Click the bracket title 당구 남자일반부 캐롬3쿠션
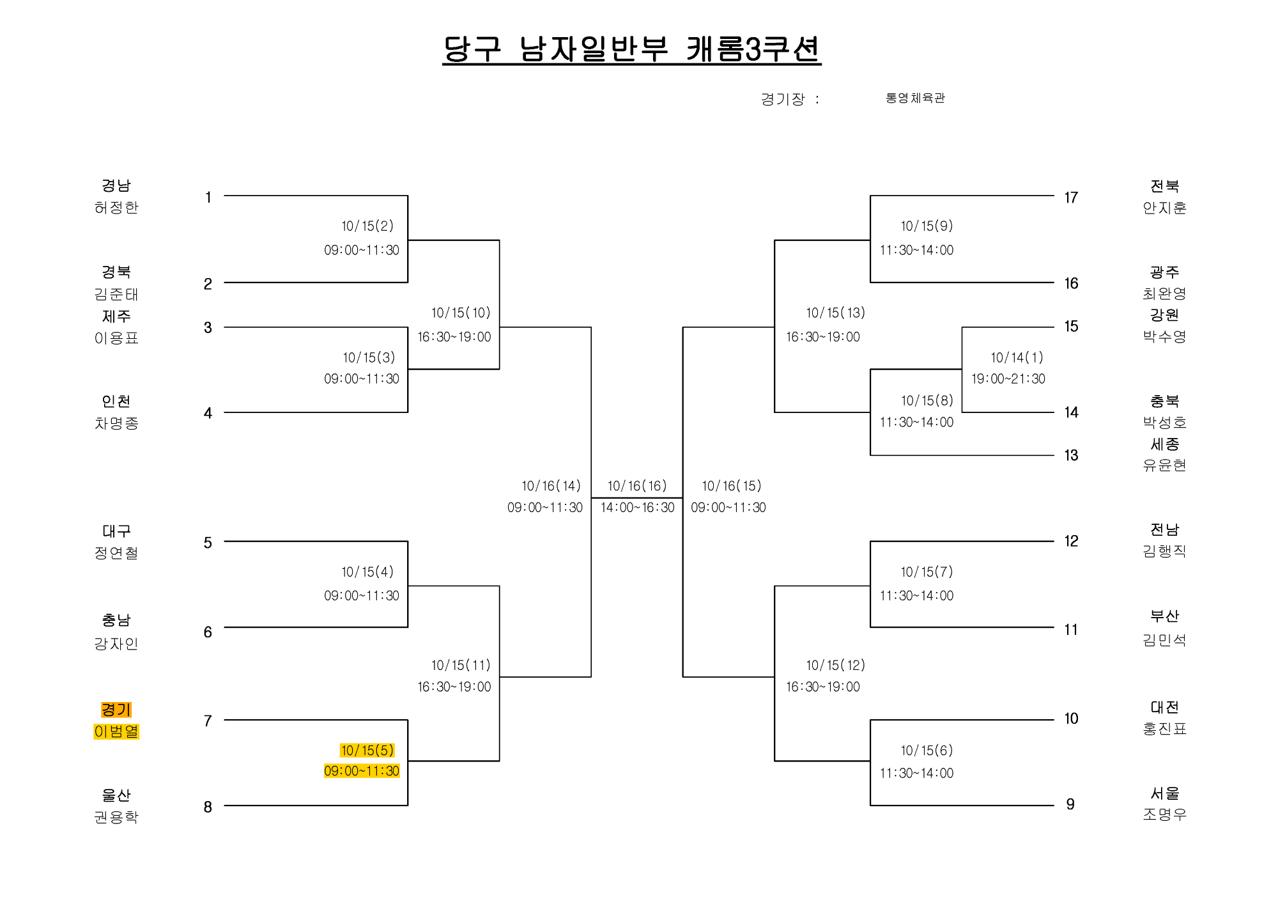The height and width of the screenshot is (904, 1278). (631, 49)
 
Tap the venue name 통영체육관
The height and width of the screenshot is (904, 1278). (915, 98)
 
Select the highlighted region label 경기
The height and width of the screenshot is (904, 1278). (116, 710)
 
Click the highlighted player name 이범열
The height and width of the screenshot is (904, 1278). (116, 731)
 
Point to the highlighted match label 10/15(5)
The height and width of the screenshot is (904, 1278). (367, 750)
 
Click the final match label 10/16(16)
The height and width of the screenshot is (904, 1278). (637, 486)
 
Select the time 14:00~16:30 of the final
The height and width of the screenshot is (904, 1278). (637, 508)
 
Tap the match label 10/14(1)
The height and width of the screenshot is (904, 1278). (1017, 357)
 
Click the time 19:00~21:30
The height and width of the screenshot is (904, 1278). (1008, 378)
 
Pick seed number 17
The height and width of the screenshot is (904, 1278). (1071, 198)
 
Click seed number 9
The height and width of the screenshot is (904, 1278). (1070, 804)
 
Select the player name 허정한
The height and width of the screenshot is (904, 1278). (116, 207)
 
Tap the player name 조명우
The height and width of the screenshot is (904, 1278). (1164, 814)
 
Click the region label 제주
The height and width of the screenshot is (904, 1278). (116, 316)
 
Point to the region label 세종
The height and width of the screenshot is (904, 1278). (1164, 444)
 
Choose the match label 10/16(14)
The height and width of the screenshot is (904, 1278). (551, 486)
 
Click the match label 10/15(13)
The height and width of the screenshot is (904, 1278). (836, 313)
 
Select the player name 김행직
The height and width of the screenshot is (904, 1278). (1164, 550)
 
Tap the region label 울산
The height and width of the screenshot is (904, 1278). (116, 795)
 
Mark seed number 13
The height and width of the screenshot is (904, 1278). (1071, 455)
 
